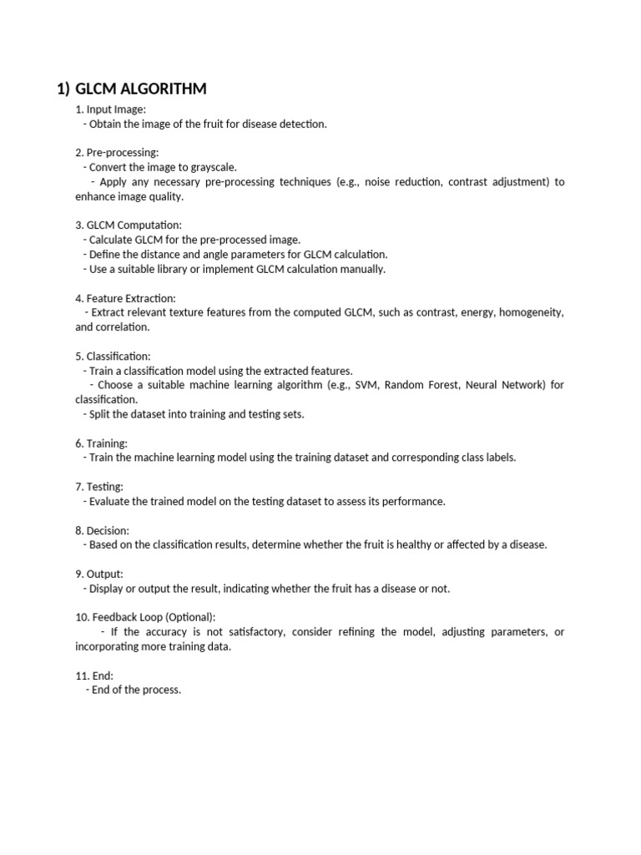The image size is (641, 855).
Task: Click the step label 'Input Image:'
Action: coord(116,109)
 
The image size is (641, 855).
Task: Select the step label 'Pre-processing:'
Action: coord(122,153)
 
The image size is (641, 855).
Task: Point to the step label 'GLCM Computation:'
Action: coord(134,225)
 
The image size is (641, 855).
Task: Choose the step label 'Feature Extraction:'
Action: coord(131,298)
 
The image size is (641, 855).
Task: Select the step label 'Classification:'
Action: coord(119,357)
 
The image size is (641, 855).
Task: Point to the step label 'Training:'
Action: coord(107,443)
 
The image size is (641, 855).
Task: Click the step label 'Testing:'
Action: coord(105,487)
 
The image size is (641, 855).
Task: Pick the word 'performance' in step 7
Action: coord(413,501)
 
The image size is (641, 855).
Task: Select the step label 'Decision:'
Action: coord(108,530)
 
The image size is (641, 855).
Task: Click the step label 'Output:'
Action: coord(105,574)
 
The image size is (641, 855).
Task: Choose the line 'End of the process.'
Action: coord(136,690)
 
